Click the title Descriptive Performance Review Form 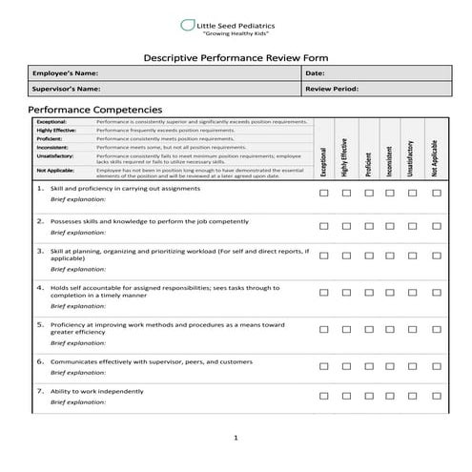click(236, 57)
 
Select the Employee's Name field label click(66, 73)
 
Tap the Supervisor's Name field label click(67, 89)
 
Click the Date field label click(316, 73)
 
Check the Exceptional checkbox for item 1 click(324, 193)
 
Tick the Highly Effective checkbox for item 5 click(347, 330)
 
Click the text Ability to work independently click(97, 391)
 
